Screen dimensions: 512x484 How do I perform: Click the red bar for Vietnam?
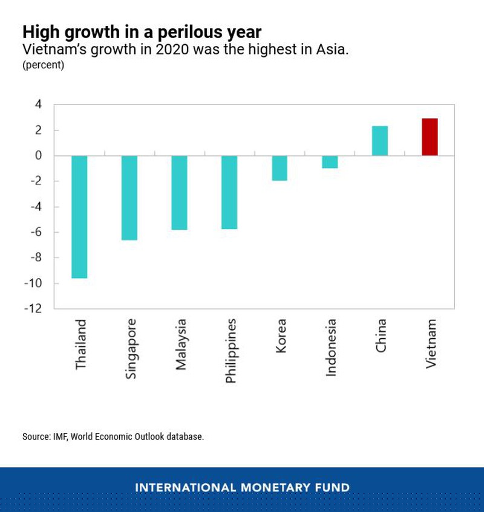430,137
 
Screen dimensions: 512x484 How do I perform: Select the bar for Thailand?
80,216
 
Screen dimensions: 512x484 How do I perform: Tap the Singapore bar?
129,198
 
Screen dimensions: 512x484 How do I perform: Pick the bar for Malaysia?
180,192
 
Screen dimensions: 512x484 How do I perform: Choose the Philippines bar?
229,192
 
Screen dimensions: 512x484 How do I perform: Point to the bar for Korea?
280,168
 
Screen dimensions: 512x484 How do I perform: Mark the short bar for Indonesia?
330,161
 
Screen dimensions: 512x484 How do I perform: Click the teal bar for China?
379,141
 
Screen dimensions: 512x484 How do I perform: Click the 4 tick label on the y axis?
39,105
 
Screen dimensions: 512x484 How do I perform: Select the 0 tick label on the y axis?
39,156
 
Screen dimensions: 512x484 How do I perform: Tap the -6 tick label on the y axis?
36,233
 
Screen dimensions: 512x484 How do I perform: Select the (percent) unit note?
43,65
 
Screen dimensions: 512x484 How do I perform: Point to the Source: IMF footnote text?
113,436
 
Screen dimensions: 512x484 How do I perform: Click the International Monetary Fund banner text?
242,487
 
